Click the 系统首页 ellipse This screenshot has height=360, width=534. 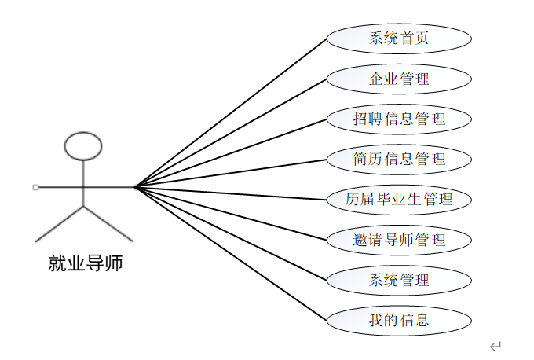tap(399, 39)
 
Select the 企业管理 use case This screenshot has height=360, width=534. tap(399, 79)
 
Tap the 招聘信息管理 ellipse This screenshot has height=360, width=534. tap(399, 119)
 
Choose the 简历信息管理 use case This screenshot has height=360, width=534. tap(399, 160)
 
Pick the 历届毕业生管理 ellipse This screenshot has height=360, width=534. tap(399, 200)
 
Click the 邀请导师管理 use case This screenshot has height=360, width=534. tap(399, 240)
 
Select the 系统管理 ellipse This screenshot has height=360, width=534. tap(399, 280)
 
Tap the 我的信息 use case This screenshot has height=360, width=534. tap(399, 320)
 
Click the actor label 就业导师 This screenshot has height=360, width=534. tap(85, 263)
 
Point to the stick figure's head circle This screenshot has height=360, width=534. tap(83, 133)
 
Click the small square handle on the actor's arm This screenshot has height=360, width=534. tap(35, 187)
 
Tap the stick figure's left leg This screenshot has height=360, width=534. tap(59, 224)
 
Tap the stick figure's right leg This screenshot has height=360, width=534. tap(108, 224)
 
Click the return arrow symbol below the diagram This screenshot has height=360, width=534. tap(496, 347)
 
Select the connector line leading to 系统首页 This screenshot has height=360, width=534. tap(231, 113)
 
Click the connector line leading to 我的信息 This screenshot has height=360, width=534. tap(231, 254)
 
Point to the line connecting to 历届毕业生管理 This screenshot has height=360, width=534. tap(231, 193)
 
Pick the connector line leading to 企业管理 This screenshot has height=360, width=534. tap(231, 133)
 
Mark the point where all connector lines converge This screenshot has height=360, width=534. tap(136, 187)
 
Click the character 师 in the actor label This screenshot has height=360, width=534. tap(114, 263)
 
